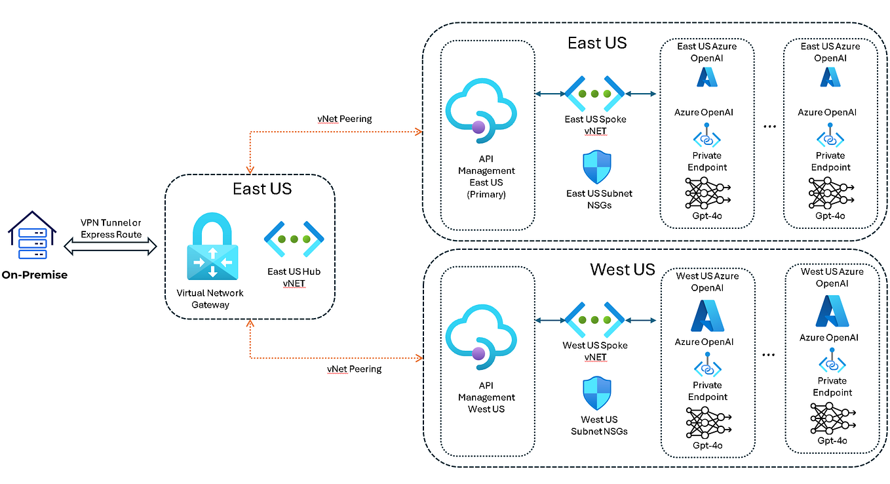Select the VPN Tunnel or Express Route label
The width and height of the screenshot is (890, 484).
pyautogui.click(x=111, y=228)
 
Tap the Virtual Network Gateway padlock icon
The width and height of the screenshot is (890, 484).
pyautogui.click(x=212, y=247)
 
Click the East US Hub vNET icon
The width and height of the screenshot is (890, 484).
pyautogui.click(x=294, y=239)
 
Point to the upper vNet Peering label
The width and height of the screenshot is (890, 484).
pyautogui.click(x=344, y=119)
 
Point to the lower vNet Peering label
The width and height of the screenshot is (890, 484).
pyautogui.click(x=354, y=369)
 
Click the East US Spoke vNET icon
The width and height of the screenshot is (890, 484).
pyautogui.click(x=595, y=94)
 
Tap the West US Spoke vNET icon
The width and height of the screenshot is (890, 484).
pyautogui.click(x=595, y=320)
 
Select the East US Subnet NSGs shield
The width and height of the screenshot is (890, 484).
pyautogui.click(x=596, y=167)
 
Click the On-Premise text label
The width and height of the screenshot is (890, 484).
pyautogui.click(x=34, y=275)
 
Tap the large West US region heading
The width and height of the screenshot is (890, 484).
pyautogui.click(x=622, y=269)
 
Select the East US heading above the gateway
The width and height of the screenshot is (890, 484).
pyautogui.click(x=262, y=189)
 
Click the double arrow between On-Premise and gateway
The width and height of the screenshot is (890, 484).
pyautogui.click(x=111, y=247)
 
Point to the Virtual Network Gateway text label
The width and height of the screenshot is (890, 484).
pyautogui.click(x=209, y=298)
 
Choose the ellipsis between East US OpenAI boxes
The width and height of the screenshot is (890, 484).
pyautogui.click(x=769, y=125)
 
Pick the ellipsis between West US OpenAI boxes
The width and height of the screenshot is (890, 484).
pyautogui.click(x=769, y=354)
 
